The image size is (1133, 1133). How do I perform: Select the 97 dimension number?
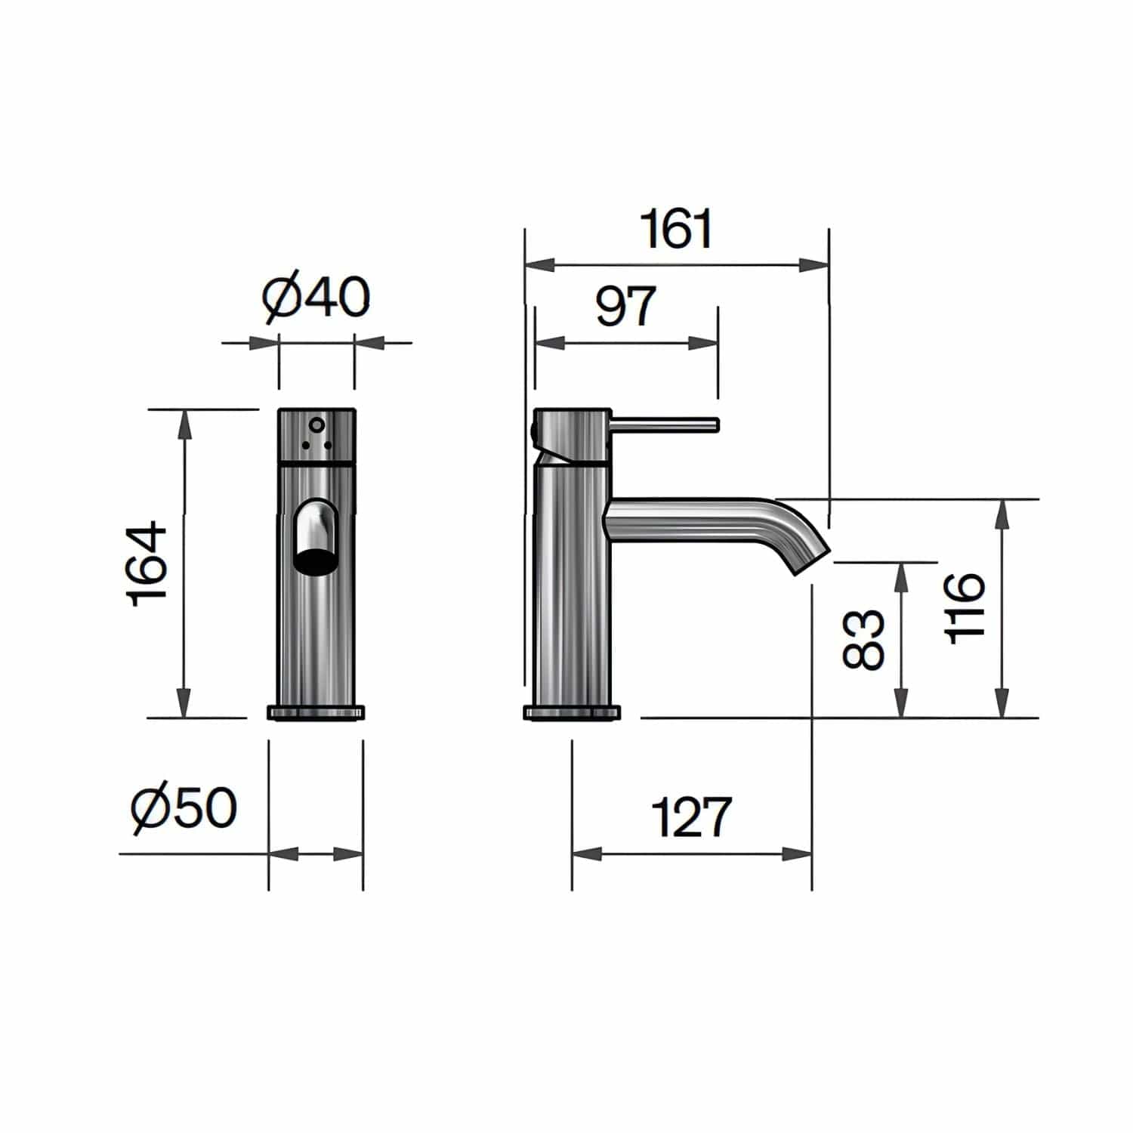[x=625, y=306]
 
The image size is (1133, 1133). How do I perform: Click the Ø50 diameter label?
[x=184, y=807]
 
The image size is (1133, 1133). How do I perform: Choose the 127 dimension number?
[x=691, y=817]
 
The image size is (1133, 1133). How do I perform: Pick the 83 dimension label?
[x=863, y=639]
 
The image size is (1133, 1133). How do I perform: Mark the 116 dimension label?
[x=965, y=608]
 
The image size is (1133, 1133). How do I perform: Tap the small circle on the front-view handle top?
[x=316, y=424]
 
